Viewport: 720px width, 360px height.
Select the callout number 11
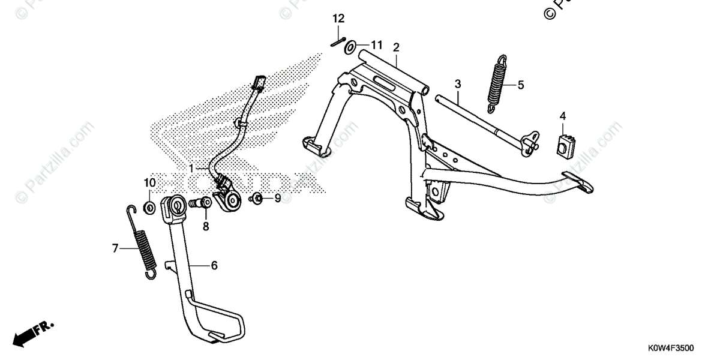coord(376,45)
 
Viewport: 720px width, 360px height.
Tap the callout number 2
coord(396,47)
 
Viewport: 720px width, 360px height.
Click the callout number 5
coord(520,85)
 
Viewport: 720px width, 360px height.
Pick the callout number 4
coord(563,115)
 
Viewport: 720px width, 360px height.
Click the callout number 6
coord(214,266)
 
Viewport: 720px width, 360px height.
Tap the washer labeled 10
coord(149,208)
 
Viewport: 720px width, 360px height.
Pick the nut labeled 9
coord(256,197)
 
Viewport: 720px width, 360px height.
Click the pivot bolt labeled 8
coord(200,204)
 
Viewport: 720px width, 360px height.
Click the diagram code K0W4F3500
coord(671,348)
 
